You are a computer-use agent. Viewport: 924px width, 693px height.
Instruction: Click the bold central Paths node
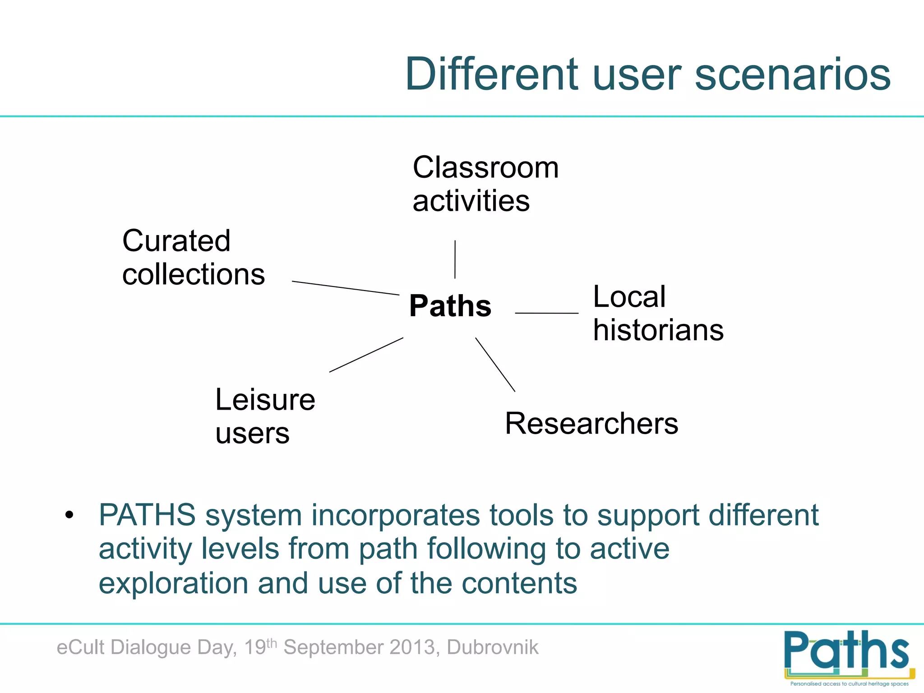click(x=450, y=306)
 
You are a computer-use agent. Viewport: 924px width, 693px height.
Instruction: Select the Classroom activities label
click(x=485, y=184)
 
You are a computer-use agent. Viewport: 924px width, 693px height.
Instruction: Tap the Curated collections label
click(x=193, y=257)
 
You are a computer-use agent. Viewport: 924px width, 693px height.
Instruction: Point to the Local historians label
click(x=658, y=313)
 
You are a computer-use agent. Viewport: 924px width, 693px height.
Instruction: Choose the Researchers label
click(x=591, y=423)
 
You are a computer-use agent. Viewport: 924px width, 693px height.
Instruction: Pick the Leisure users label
click(x=265, y=416)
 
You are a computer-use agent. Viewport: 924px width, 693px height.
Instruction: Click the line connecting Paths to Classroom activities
click(x=455, y=259)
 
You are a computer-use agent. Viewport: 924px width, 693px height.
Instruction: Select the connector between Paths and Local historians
click(x=546, y=313)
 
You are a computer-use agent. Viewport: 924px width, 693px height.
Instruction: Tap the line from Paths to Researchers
click(x=495, y=364)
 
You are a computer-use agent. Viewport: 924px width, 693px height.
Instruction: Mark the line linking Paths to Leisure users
click(x=366, y=355)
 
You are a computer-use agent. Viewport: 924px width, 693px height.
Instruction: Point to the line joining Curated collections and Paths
click(x=345, y=288)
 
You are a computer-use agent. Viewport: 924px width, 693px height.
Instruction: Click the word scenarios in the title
click(x=792, y=74)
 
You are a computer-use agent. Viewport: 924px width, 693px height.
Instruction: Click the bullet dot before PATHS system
click(x=69, y=515)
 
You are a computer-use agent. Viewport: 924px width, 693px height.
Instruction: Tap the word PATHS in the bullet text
click(x=147, y=515)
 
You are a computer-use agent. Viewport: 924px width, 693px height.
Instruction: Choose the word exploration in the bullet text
click(x=173, y=583)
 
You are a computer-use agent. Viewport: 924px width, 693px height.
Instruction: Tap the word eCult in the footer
click(x=80, y=647)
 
